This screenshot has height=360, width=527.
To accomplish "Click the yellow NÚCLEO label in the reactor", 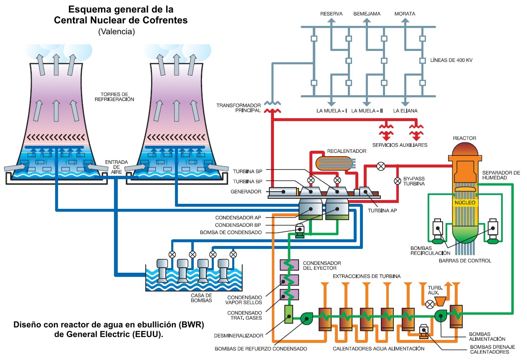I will pyautogui.click(x=464, y=203).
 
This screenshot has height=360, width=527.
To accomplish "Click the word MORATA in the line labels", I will pyautogui.click(x=405, y=14).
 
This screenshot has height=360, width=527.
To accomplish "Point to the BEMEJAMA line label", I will pyautogui.click(x=367, y=14).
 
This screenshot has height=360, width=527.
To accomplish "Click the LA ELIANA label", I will pyautogui.click(x=405, y=111).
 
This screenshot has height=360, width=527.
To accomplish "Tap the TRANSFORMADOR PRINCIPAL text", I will pyautogui.click(x=238, y=108).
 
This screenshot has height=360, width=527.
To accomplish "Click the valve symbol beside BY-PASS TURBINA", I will pyautogui.click(x=397, y=181).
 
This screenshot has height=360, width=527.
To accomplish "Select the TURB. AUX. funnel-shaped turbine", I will pyautogui.click(x=440, y=300).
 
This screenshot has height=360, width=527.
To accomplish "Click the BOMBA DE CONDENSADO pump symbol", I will pyautogui.click(x=299, y=230).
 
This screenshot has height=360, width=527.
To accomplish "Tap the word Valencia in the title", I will pyautogui.click(x=117, y=31).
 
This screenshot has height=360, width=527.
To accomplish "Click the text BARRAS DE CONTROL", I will pyautogui.click(x=465, y=261).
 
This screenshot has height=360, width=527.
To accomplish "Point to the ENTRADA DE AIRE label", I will pyautogui.click(x=113, y=166).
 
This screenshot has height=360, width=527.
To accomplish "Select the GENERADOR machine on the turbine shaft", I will pyautogui.click(x=282, y=191).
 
